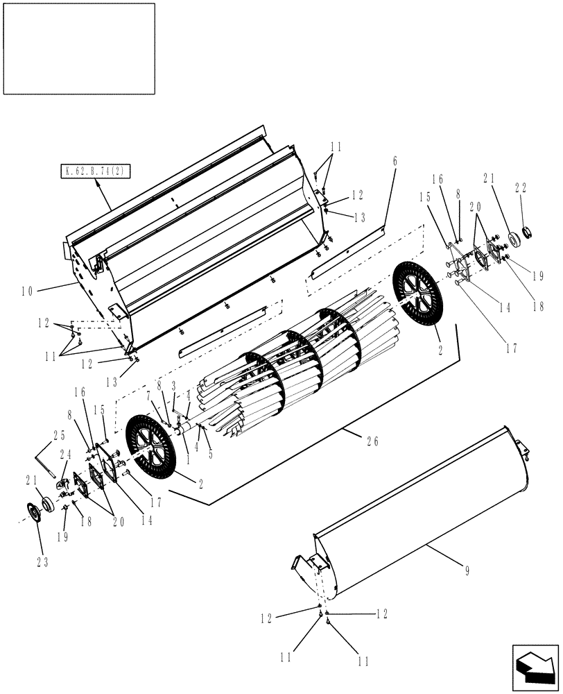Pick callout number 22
[520, 187]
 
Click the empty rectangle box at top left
[78, 49]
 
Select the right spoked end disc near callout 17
[417, 296]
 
